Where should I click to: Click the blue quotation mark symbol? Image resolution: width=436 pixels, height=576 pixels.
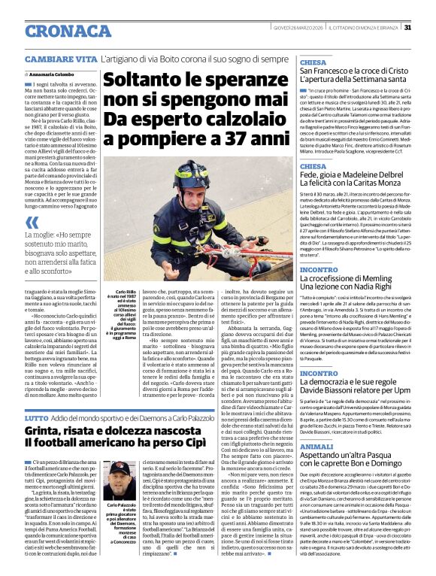pyautogui.click(x=32, y=222)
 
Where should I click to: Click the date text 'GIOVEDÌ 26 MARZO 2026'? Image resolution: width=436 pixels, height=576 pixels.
pyautogui.click(x=300, y=29)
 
